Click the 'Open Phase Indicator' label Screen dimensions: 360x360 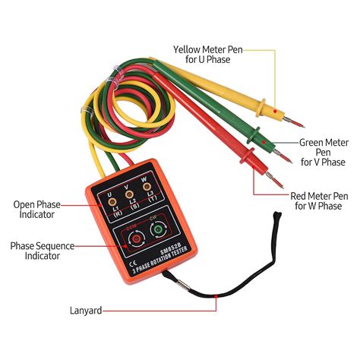click(36, 209)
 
